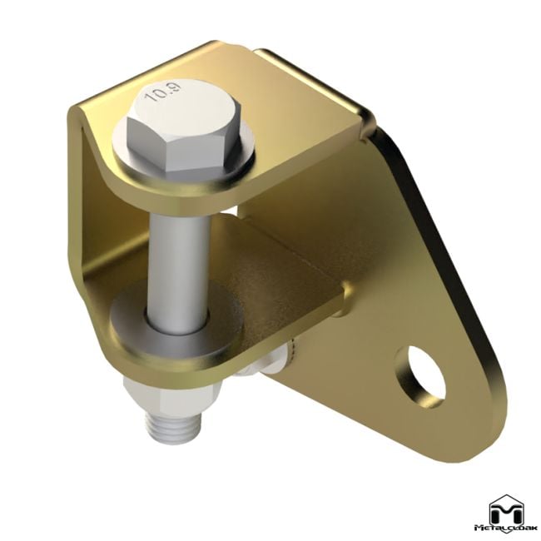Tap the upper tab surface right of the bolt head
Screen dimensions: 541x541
[x=308, y=117]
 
